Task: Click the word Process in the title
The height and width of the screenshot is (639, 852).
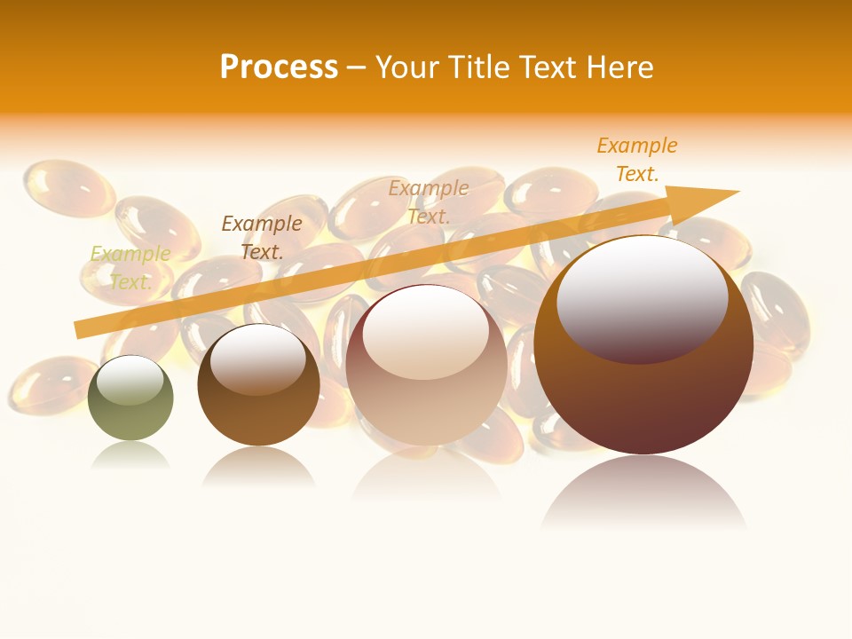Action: click(279, 67)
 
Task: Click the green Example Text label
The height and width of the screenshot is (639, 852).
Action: click(130, 268)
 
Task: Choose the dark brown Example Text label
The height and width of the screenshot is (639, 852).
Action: click(262, 238)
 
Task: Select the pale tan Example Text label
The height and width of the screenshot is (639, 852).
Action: click(429, 201)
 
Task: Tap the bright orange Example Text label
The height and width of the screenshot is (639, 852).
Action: click(637, 160)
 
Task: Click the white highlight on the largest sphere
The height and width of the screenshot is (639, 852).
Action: click(642, 293)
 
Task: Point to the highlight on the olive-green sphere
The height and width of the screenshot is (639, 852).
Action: click(130, 380)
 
